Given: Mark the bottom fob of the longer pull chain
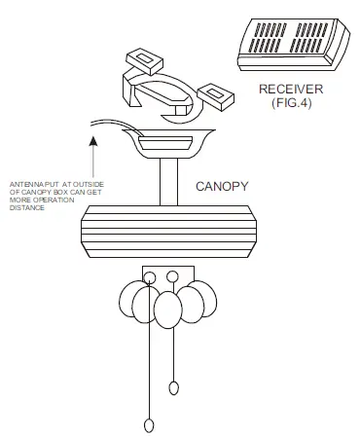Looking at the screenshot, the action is (149, 425).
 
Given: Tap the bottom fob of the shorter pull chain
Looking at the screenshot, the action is (174, 388).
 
